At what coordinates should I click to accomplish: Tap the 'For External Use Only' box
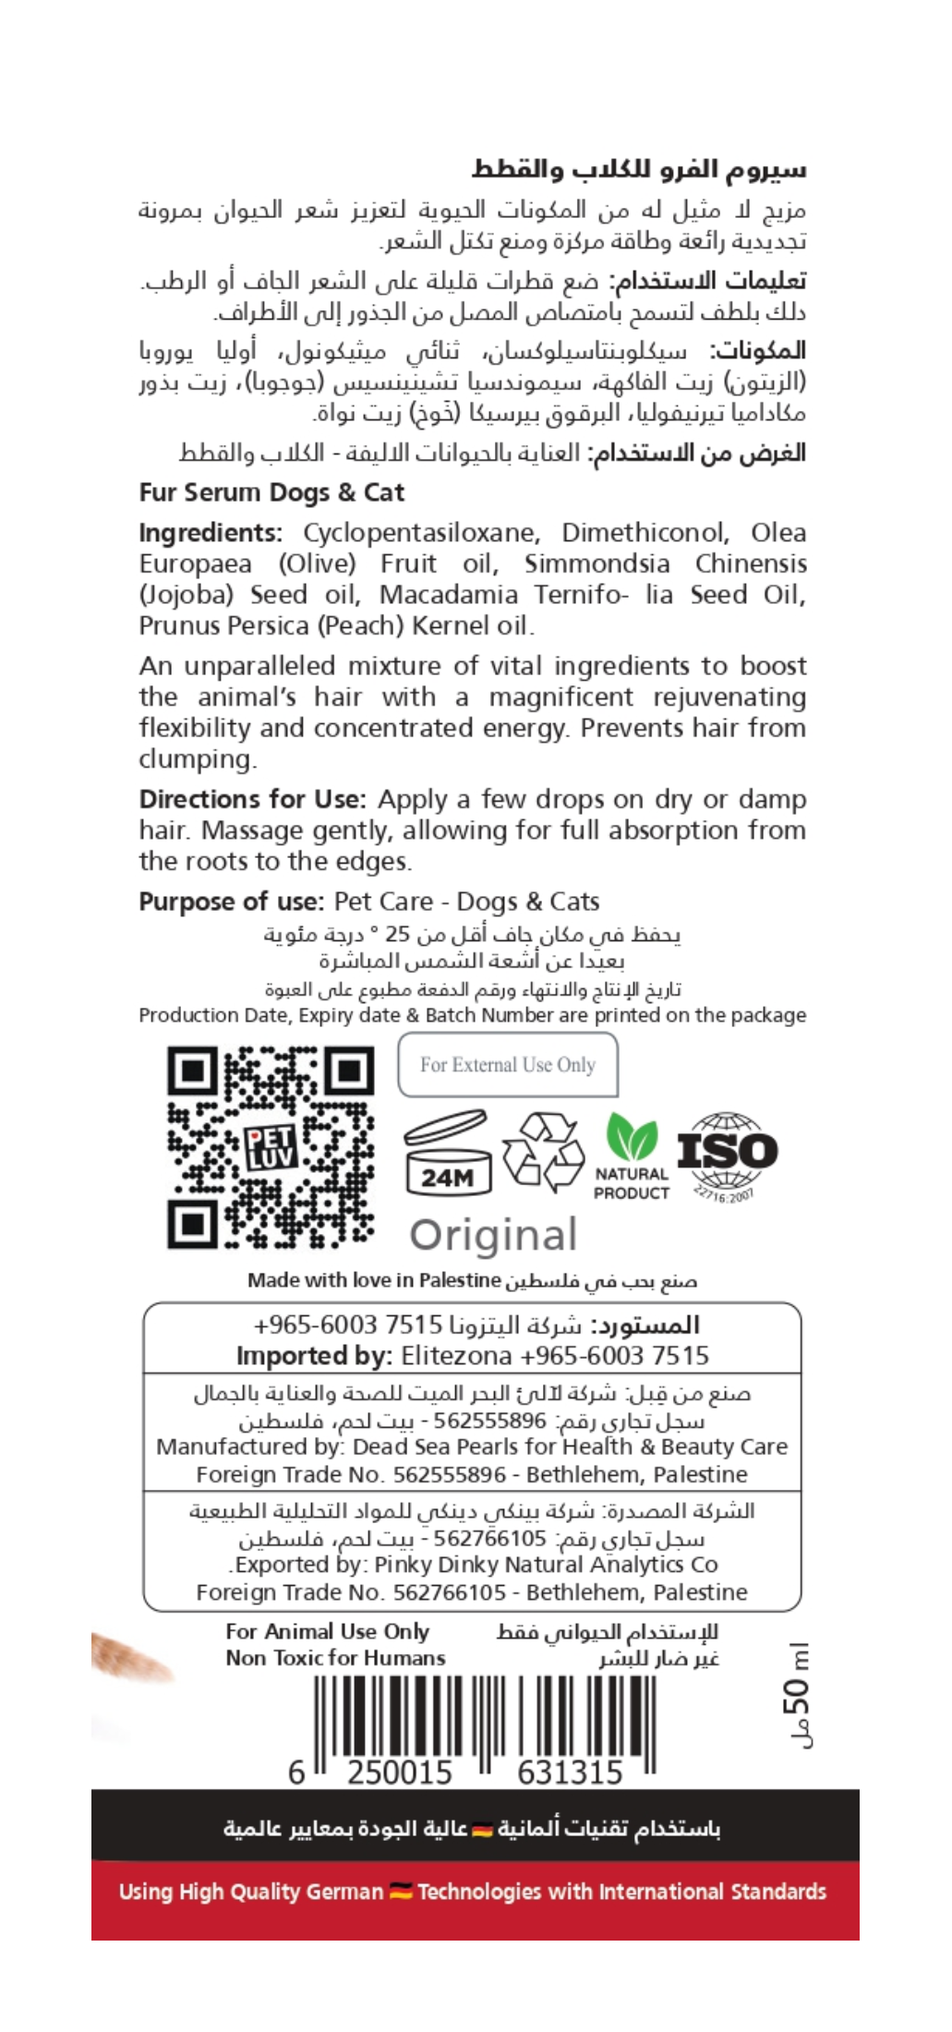(507, 1064)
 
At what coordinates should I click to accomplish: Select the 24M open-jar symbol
(448, 1155)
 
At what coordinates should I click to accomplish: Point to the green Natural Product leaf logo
(632, 1139)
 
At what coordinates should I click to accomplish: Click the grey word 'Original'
(494, 1235)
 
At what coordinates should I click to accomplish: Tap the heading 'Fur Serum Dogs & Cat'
(271, 492)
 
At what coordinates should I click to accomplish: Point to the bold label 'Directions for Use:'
(252, 799)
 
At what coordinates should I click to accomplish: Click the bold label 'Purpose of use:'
(231, 901)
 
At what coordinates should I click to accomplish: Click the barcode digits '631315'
(570, 1772)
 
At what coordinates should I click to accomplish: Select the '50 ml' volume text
(796, 1695)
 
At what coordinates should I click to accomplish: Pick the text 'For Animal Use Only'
(328, 1632)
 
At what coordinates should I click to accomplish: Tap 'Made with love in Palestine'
(373, 1280)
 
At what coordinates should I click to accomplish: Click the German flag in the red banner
(401, 1891)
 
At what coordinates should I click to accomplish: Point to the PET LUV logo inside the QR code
(271, 1147)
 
